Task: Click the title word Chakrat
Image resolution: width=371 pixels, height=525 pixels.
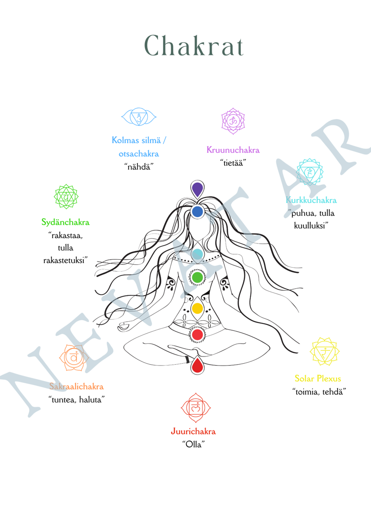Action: (195, 46)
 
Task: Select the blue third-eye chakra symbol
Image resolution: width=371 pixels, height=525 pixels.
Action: (139, 117)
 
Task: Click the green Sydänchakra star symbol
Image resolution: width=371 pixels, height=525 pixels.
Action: (65, 196)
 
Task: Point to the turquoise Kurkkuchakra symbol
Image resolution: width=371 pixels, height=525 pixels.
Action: (310, 172)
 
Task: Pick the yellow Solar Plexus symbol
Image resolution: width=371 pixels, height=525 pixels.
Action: (325, 353)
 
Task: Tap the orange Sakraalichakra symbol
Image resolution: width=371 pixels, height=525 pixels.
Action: (73, 357)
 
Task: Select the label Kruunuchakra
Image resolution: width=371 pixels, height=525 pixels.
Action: (233, 150)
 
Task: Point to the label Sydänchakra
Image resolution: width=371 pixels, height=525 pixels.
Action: (65, 222)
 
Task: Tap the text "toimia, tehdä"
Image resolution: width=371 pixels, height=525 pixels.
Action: (319, 391)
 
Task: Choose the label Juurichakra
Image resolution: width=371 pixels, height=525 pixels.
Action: (194, 431)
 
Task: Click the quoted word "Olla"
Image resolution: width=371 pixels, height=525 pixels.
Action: (194, 444)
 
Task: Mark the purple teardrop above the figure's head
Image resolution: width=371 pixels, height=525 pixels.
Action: (197, 189)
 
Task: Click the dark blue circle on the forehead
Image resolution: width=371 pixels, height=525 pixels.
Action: (197, 211)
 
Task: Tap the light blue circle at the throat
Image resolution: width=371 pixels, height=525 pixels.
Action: (197, 254)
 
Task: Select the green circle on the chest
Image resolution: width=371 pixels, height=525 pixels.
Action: (197, 277)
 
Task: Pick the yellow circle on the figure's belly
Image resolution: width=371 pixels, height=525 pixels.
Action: (197, 308)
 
